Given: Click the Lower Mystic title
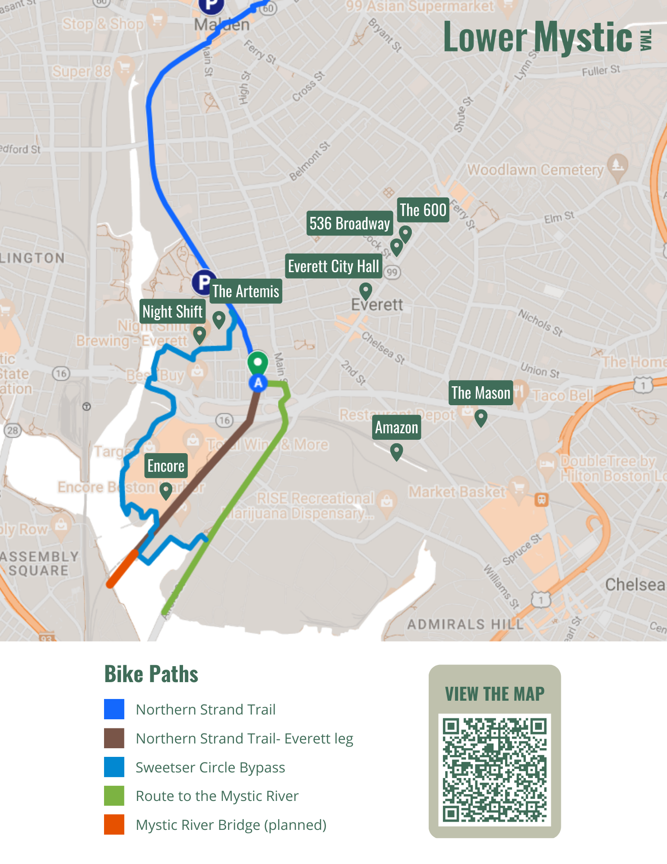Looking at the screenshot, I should [x=538, y=37].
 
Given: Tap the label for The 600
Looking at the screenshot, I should [x=423, y=210].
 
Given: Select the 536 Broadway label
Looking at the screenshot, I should [x=349, y=223].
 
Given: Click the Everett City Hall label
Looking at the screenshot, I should [x=333, y=266].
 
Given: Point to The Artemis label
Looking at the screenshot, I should [x=246, y=291].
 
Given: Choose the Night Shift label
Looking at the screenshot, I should [x=172, y=311].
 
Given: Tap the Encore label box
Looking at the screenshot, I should [x=166, y=466].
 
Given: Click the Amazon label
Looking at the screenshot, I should [x=396, y=427].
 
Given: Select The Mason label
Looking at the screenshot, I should [x=480, y=393].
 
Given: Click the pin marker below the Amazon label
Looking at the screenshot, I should [x=396, y=451].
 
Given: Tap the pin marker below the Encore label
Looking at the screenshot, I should [x=166, y=490].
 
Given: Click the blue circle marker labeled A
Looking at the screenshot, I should [x=258, y=383].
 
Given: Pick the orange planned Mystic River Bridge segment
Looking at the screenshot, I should [x=123, y=569].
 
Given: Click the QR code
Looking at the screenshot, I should [x=495, y=769].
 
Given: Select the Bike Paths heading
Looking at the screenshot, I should [x=151, y=674].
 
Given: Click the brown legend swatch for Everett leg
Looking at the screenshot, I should [x=114, y=738].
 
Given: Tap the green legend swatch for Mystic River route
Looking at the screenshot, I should [x=114, y=796].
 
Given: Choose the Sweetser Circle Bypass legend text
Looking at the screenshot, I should [x=210, y=767].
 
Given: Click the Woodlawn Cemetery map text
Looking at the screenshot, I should [x=535, y=170].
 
